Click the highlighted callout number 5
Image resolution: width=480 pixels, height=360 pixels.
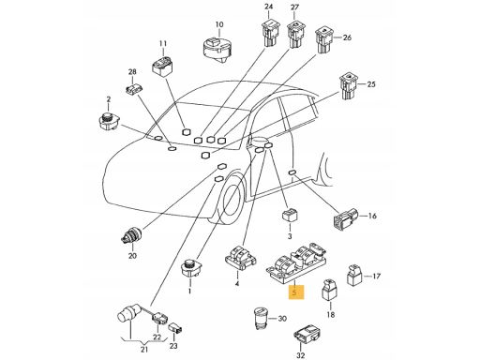pos(294,292)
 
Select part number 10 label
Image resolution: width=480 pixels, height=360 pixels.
pos(219,24)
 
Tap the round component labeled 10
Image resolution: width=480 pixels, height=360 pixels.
pos(217,50)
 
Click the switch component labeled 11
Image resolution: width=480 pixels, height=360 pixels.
pos(163,66)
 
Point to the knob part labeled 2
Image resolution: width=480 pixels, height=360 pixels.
pos(109,122)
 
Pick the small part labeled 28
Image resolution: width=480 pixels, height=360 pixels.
pos(133,89)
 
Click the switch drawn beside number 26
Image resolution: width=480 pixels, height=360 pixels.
pos(324,40)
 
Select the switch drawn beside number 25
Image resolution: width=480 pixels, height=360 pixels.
pos(348,86)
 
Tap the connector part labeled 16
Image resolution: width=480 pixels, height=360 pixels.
pos(346,219)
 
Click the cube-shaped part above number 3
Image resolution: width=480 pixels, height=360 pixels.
pos(290,216)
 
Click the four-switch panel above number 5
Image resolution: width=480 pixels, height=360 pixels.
pos(297,262)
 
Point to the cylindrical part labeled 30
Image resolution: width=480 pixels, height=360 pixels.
pos(260,318)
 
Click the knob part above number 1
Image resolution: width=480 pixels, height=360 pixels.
pos(189,269)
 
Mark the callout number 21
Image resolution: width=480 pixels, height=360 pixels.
pos(144,349)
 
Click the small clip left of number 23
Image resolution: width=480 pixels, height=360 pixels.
pos(175,329)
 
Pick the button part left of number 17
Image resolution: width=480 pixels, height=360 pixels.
pos(353,275)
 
